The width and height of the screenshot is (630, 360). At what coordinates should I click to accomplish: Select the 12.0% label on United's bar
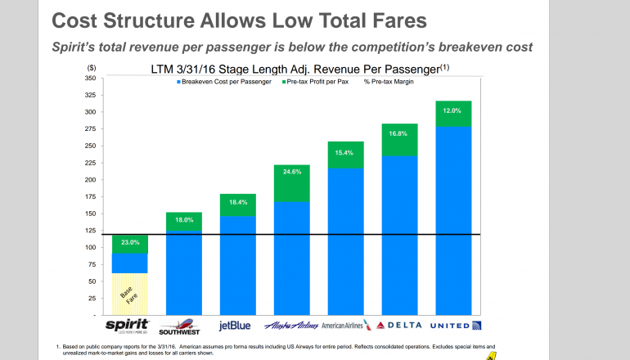[x=454, y=110]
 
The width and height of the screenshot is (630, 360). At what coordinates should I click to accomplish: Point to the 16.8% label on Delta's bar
[x=399, y=133]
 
